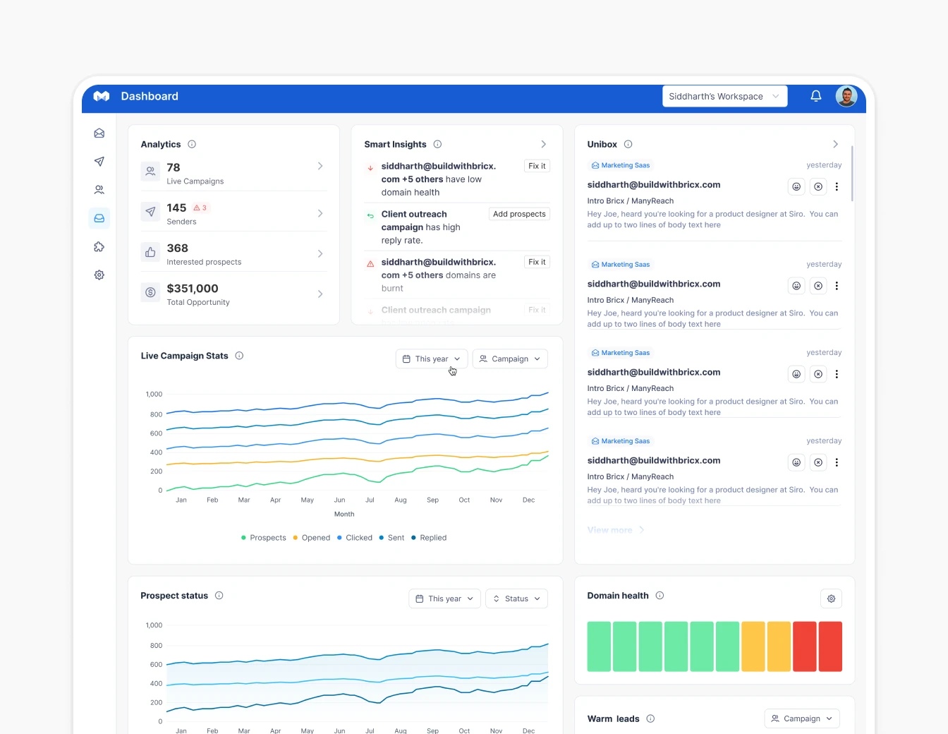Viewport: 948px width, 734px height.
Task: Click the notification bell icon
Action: pos(815,96)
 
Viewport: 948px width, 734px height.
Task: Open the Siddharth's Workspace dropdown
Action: pos(724,96)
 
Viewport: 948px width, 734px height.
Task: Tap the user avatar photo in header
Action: pos(846,96)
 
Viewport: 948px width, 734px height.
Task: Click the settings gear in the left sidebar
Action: pos(99,275)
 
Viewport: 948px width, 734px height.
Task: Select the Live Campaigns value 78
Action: pos(174,168)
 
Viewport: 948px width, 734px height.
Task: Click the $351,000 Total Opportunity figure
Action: pos(193,289)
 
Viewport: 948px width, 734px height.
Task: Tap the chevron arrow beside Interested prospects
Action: pos(320,253)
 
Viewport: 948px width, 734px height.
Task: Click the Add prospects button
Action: pos(519,214)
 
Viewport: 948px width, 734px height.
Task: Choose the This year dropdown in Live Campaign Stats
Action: pos(431,359)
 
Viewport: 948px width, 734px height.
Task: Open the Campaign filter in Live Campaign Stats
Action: pos(509,359)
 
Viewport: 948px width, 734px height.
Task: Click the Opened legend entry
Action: pos(311,538)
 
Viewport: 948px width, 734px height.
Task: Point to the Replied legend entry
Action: pos(429,538)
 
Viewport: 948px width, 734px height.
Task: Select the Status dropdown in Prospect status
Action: pos(516,598)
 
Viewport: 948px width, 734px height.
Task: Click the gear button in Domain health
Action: pos(831,598)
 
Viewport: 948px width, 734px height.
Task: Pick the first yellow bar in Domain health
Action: pos(753,646)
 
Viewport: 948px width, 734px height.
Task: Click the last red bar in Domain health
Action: pos(830,646)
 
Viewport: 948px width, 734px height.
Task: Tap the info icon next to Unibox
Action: pos(628,144)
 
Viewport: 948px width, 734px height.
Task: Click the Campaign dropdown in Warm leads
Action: pos(802,718)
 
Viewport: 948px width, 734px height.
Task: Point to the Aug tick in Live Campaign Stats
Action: pos(401,500)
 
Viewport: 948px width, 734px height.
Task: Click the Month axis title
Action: pos(344,514)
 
